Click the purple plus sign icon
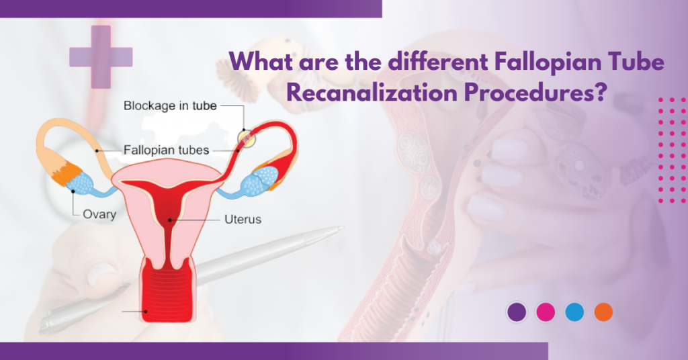pos(101,57)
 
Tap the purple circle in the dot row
pos(517,312)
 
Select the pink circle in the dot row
pos(546,312)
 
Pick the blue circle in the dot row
pos(574,312)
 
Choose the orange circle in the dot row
pos(603,312)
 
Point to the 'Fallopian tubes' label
pos(166,150)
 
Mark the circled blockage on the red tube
pos(247,138)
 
